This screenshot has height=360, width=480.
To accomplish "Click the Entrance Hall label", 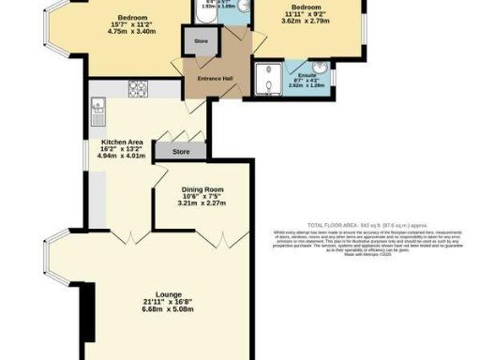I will pos(215,79).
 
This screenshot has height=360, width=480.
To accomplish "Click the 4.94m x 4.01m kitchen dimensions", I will pos(121,157).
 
